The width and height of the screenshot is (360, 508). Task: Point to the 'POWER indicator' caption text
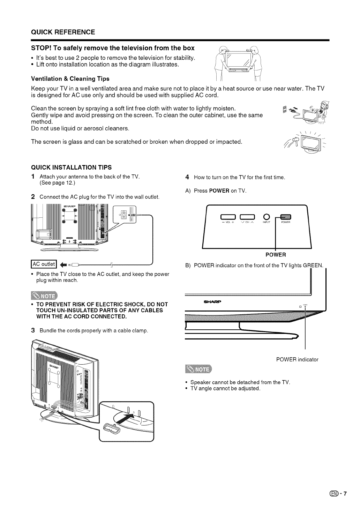(x=297, y=359)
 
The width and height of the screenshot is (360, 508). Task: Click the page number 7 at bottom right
(x=345, y=493)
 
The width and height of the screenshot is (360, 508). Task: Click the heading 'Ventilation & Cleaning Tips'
(x=70, y=78)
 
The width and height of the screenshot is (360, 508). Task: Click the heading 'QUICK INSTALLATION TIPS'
(x=72, y=167)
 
